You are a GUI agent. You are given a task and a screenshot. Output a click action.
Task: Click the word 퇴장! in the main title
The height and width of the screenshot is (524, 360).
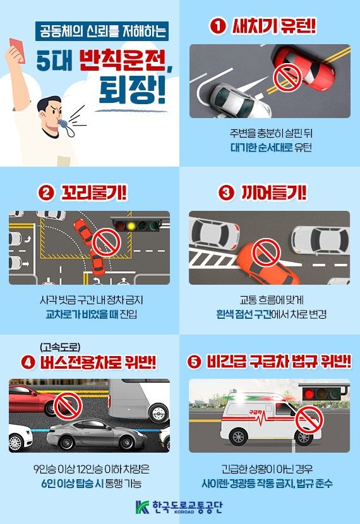click(x=131, y=91)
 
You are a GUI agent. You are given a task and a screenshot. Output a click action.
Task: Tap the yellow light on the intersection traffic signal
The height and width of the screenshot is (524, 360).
click(x=131, y=224)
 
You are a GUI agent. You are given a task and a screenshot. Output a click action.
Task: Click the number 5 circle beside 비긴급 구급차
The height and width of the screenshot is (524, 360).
click(x=194, y=362)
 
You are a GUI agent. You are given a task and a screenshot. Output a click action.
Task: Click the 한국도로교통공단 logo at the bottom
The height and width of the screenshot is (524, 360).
click(x=179, y=507)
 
